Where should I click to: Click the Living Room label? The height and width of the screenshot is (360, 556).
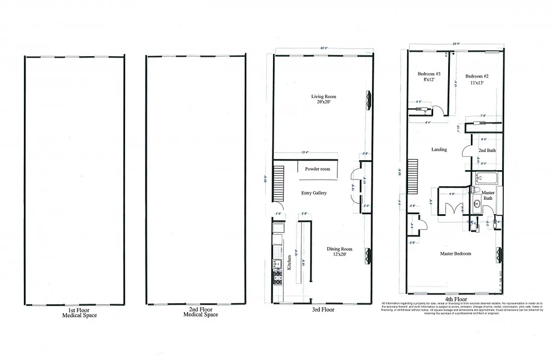[323, 97]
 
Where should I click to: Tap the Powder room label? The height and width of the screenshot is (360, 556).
[318, 169]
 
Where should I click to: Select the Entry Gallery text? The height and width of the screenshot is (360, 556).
[314, 193]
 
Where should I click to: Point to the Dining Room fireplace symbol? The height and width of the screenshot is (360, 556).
[369, 256]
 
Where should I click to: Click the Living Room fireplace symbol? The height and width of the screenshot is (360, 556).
[369, 100]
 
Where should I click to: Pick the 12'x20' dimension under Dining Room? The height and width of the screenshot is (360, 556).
[339, 255]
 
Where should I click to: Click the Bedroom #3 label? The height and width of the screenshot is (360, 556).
[429, 74]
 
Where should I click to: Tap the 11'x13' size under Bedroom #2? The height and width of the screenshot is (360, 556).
[476, 82]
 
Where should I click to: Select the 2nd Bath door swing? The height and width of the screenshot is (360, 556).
[466, 151]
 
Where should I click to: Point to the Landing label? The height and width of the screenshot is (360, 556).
[439, 149]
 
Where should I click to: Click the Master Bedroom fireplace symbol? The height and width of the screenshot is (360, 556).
[498, 255]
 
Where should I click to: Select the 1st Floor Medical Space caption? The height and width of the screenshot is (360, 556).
[79, 312]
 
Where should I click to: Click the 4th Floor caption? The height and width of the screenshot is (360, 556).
[456, 299]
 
